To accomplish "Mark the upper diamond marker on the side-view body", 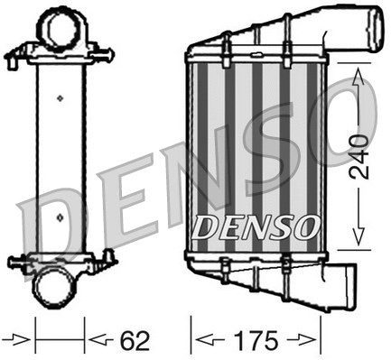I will coord(60,97).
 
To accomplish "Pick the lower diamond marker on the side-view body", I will coord(60,217).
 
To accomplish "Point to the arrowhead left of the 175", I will coord(205,342).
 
